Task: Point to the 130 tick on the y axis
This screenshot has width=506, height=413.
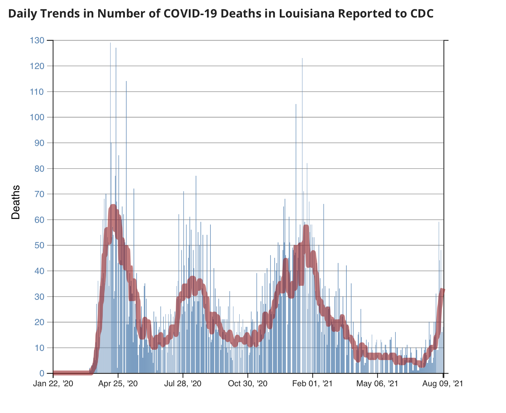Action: pos(37,41)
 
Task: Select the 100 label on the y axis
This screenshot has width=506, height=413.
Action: pos(37,117)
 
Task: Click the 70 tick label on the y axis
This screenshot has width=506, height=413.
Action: pos(39,194)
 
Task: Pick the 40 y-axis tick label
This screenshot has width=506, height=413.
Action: pos(39,271)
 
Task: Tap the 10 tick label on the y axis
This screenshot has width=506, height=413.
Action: pos(39,348)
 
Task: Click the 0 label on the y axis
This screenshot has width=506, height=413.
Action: pos(42,374)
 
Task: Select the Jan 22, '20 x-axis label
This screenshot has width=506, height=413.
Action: pos(53,383)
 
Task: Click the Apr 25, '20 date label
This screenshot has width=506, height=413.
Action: pos(118,383)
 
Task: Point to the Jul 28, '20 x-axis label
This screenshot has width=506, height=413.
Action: pos(183,383)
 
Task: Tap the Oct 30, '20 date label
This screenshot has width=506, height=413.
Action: pos(248,383)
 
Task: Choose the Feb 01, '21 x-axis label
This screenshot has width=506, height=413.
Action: pos(313,383)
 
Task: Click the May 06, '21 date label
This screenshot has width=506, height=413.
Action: pos(377,383)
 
